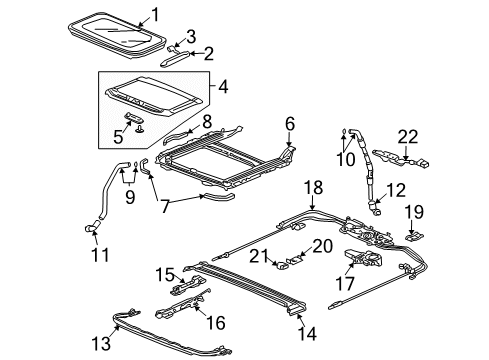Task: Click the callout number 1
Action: coord(155,13)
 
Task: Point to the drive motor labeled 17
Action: coord(364,261)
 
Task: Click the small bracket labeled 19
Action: coord(414,237)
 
